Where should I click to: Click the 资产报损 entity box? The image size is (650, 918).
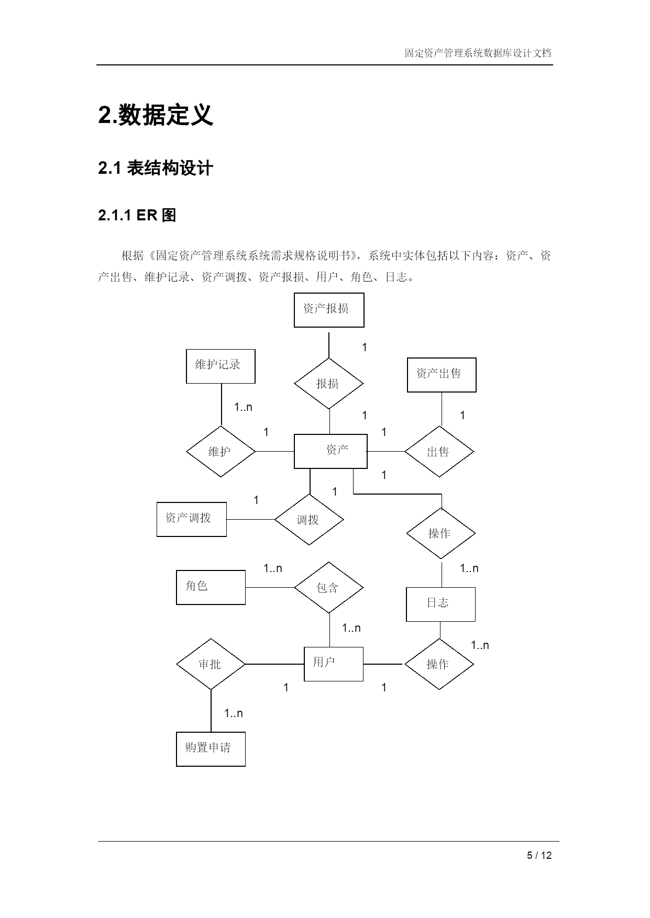[x=329, y=310]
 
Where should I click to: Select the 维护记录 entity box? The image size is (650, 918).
[x=221, y=366]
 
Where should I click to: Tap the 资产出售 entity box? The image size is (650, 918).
[x=442, y=375]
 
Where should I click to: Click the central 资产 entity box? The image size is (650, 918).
[x=330, y=451]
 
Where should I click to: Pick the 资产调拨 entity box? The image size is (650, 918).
[x=192, y=519]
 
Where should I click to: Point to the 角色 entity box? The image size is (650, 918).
[x=211, y=587]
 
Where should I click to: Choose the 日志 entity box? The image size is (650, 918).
[x=440, y=604]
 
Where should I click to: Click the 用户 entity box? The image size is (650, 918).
[x=334, y=664]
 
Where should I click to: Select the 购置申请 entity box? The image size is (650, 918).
[x=211, y=749]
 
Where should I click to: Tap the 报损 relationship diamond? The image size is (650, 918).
[x=329, y=383]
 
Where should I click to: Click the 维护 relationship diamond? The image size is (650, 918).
[x=221, y=451]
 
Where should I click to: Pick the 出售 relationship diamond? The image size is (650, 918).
[x=439, y=451]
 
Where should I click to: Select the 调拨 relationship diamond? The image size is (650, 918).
[x=309, y=519]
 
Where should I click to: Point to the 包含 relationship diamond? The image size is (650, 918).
[x=329, y=587]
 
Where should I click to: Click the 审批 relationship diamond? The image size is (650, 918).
[x=211, y=664]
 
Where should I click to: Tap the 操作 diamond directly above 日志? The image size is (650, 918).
[x=441, y=533]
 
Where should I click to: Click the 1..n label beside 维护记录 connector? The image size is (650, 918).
[x=243, y=407]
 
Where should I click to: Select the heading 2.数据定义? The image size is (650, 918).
[x=156, y=115]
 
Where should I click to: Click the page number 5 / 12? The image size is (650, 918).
[x=539, y=856]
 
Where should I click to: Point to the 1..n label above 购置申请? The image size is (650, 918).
[x=234, y=713]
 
